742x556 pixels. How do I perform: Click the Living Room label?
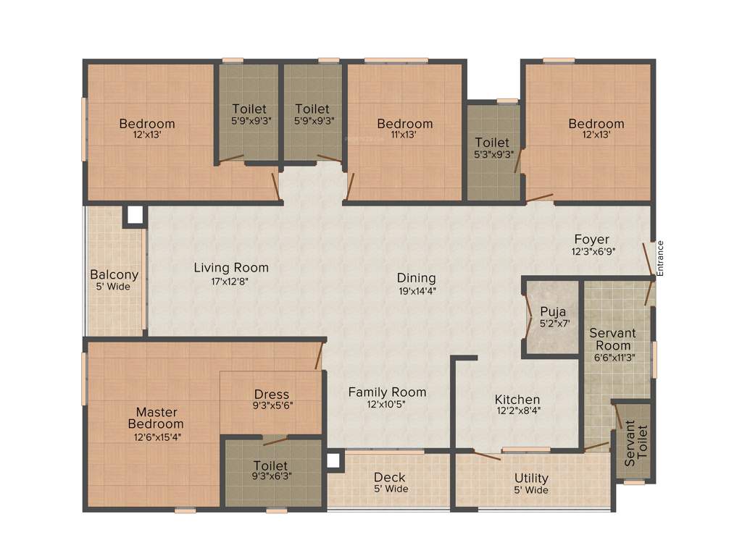coord(231,268)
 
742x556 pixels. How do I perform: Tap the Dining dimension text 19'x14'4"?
coord(416,291)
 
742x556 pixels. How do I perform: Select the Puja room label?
coord(553,312)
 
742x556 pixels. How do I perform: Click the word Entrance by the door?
coord(660,257)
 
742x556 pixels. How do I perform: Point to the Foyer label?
coord(592,240)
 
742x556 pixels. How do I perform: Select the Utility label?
coord(531,479)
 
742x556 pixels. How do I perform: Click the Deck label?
coord(390,478)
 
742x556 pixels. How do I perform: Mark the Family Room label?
coord(387,392)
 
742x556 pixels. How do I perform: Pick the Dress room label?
coord(272,395)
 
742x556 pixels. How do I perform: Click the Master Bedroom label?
coord(156,418)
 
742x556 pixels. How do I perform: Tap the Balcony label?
coord(114,275)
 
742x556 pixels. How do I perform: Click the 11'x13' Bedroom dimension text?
coord(405,135)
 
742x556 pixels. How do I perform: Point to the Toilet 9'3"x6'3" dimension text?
coord(271,477)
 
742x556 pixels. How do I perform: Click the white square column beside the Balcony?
coord(134,215)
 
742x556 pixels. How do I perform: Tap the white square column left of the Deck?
coord(333,460)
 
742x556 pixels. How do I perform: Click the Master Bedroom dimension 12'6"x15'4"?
coord(156,437)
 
